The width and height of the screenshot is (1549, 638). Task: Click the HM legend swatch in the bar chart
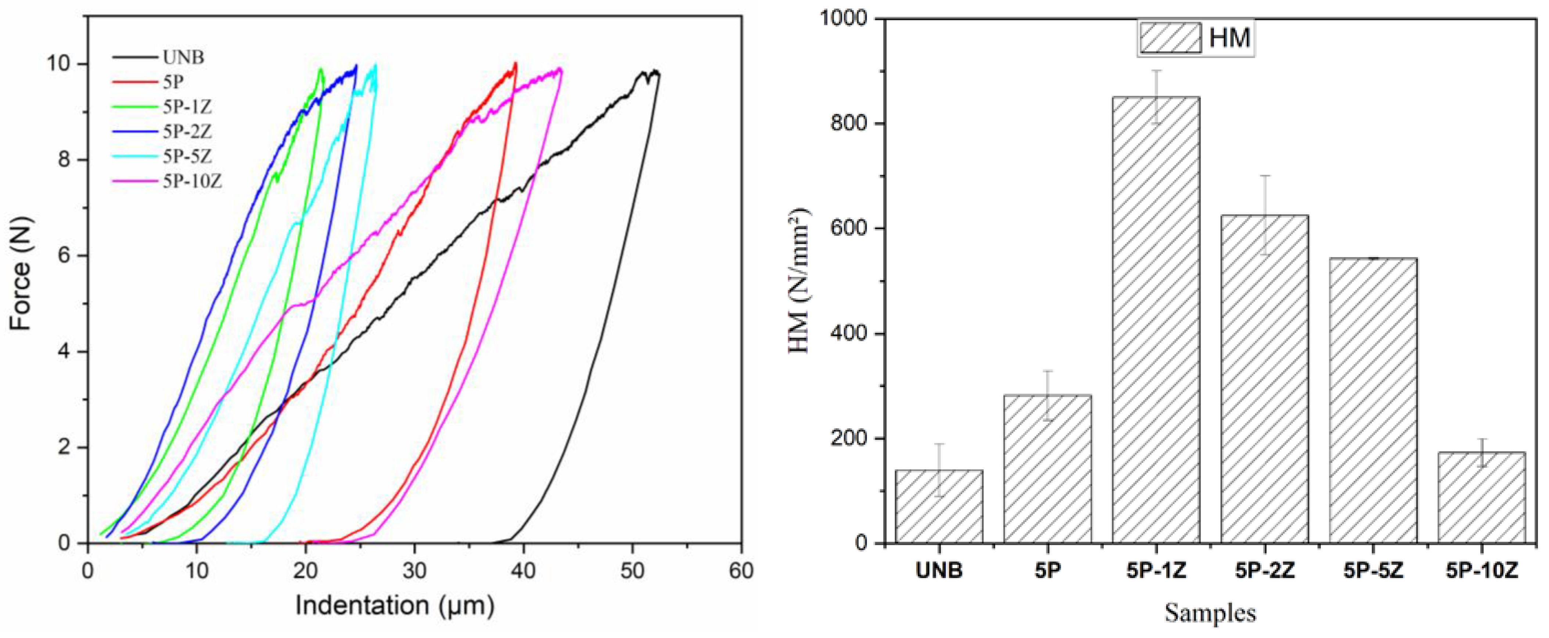tap(1169, 38)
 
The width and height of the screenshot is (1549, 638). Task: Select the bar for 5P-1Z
tap(1156, 319)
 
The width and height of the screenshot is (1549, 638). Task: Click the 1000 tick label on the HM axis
tap(844, 19)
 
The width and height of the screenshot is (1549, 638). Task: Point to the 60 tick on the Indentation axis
tap(741, 569)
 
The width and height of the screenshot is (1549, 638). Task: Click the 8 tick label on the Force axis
tap(64, 160)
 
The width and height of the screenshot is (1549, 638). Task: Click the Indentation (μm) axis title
tap(395, 606)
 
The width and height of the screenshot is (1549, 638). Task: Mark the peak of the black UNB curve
tap(654, 71)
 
